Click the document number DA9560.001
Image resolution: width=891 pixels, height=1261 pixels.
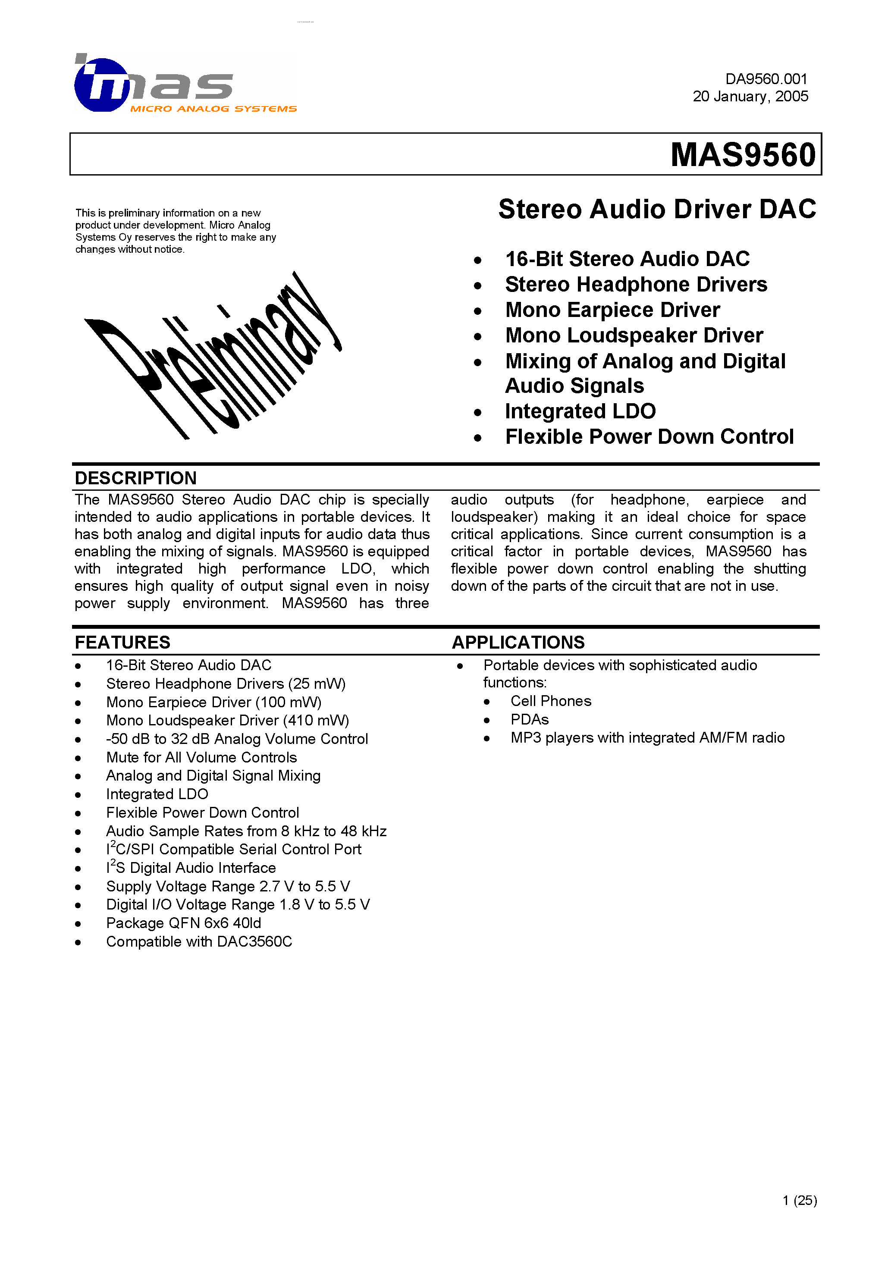[766, 79]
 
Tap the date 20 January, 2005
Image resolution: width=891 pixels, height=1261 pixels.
[750, 97]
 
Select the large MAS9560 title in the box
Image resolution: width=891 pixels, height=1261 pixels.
[743, 155]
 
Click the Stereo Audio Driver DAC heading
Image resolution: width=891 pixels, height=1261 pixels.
[657, 209]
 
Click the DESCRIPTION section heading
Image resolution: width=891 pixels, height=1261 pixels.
[136, 478]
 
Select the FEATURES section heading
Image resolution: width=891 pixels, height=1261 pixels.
[122, 642]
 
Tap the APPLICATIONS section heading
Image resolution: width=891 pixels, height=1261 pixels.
[518, 642]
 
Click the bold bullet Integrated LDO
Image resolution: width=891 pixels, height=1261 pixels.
[580, 411]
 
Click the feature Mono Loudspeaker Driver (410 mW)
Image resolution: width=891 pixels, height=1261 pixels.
[227, 720]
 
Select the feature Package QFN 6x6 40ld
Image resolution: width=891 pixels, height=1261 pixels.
[183, 923]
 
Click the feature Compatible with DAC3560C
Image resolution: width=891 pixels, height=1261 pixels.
[199, 941]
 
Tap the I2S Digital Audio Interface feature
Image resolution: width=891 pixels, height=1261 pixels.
[191, 868]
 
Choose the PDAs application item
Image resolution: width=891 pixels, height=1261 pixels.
[530, 719]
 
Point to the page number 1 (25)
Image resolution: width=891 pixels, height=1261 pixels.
[799, 1200]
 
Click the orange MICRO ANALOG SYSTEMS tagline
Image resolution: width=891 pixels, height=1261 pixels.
[213, 109]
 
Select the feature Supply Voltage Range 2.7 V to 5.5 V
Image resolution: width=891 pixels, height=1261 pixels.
[228, 886]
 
